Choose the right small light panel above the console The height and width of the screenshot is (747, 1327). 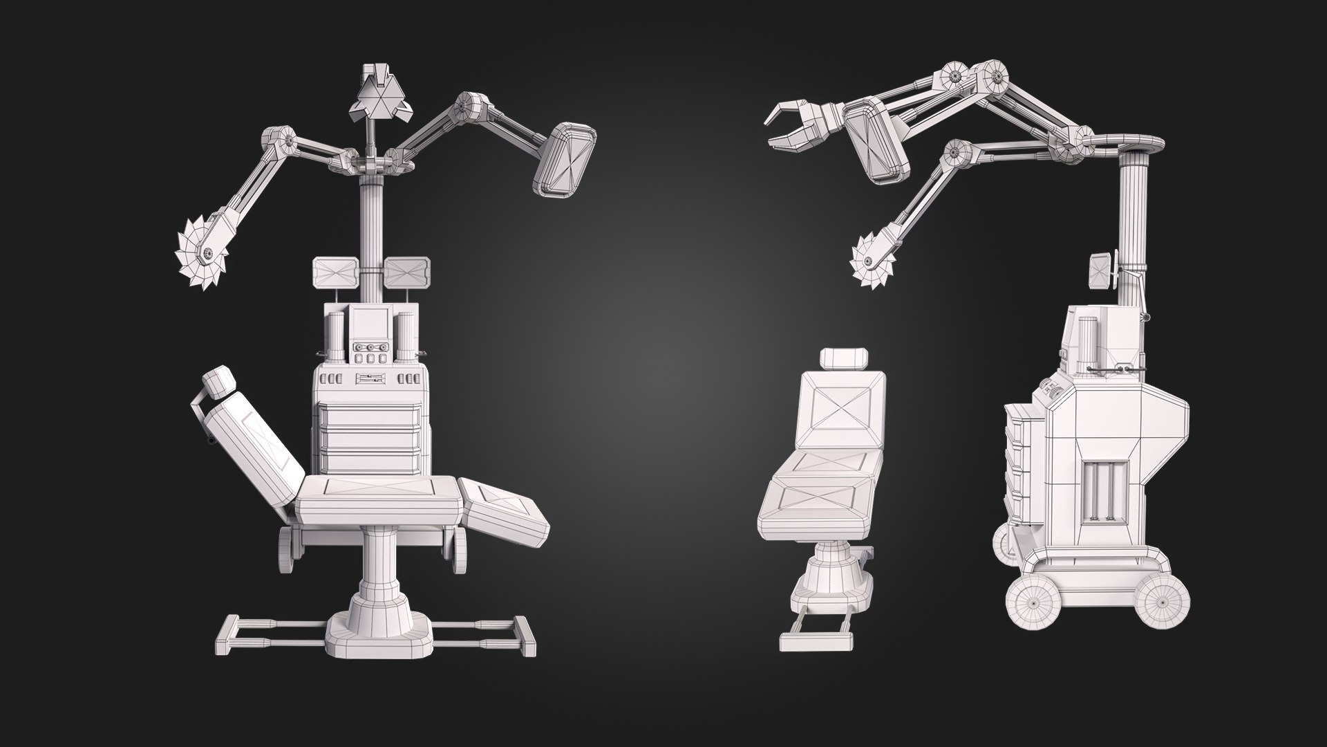click(407, 272)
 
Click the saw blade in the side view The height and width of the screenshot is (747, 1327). click(874, 261)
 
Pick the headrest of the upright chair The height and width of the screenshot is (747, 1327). click(843, 359)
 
